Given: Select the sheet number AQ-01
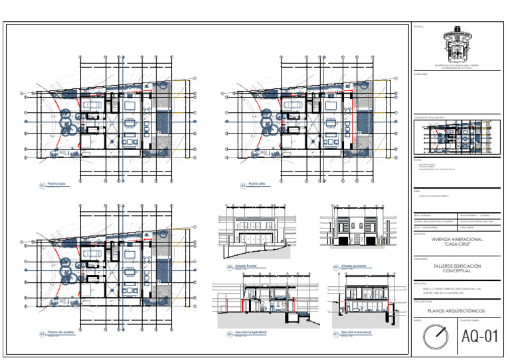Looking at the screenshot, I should click(x=480, y=337).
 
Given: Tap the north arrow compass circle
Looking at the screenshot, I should click(x=437, y=337).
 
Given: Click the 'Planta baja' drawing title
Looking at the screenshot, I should click(x=57, y=184).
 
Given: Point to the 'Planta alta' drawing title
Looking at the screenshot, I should click(x=257, y=184).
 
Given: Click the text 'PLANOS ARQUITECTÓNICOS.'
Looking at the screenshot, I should click(x=456, y=310).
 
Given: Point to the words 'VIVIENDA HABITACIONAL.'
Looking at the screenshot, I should click(x=456, y=238).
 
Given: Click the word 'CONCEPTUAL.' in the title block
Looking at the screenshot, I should click(x=456, y=271).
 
